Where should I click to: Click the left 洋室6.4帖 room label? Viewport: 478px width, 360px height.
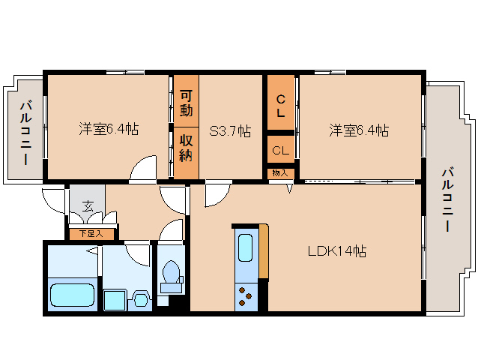point(109,130)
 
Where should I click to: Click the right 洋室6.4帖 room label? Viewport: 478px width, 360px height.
point(358,130)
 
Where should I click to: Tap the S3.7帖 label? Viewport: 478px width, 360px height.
point(229,130)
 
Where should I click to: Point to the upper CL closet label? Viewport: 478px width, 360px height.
point(281,106)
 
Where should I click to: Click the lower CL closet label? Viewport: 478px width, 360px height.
point(281,150)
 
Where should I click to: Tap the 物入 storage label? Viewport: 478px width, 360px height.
point(280,173)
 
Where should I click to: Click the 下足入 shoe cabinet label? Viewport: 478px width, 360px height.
point(90,234)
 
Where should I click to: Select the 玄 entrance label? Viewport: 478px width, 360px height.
point(88,205)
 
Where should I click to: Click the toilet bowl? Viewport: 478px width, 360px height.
point(172,274)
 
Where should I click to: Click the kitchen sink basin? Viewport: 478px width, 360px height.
point(246,247)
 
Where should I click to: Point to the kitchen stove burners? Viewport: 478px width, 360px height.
point(246,295)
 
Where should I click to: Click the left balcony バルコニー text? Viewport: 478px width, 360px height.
point(24,133)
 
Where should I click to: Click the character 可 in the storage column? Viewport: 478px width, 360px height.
point(187,94)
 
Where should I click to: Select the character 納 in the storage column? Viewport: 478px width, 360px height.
point(187,155)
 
